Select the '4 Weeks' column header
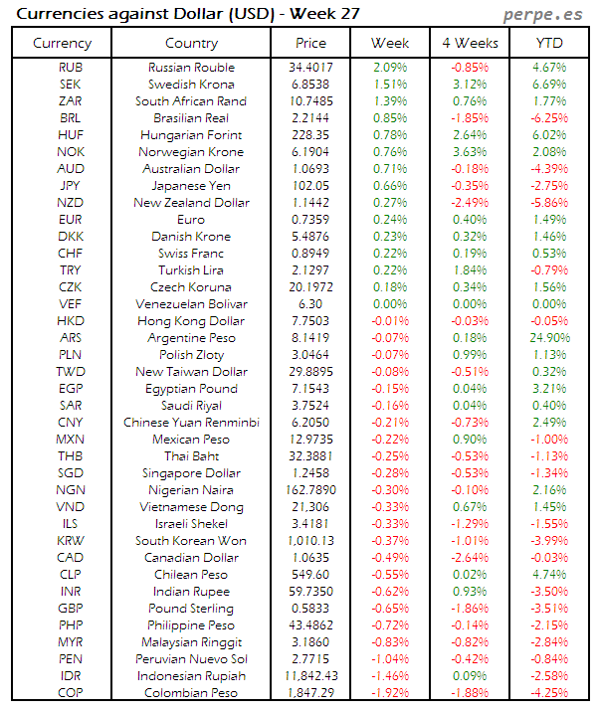pyautogui.click(x=470, y=43)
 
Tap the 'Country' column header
pyautogui.click(x=191, y=43)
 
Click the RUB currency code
pyautogui.click(x=71, y=68)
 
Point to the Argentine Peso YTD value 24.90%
pyautogui.click(x=548, y=338)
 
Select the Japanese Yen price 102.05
pyautogui.click(x=311, y=186)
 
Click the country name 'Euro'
pyautogui.click(x=191, y=220)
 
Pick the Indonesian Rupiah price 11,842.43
pyautogui.click(x=311, y=676)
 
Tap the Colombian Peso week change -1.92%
pyautogui.click(x=390, y=693)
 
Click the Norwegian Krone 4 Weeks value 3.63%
pyautogui.click(x=470, y=152)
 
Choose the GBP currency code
pyautogui.click(x=71, y=609)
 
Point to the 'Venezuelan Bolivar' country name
pyautogui.click(x=191, y=304)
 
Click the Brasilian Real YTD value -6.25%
pyautogui.click(x=548, y=118)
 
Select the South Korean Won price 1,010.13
pyautogui.click(x=311, y=541)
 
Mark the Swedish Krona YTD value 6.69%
pyautogui.click(x=548, y=85)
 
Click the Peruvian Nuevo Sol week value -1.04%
pyautogui.click(x=390, y=659)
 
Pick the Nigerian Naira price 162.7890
pyautogui.click(x=311, y=490)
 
